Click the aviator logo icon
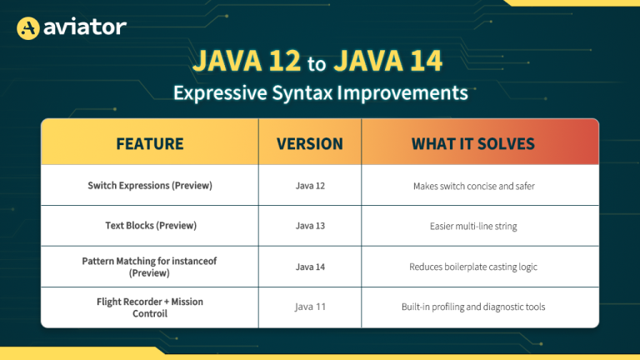coord(29,28)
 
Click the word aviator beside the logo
coord(83,27)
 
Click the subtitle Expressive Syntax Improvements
coord(320,92)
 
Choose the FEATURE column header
coord(150,143)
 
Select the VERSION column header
coord(310,143)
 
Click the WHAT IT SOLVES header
coord(473,143)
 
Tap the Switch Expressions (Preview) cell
coord(150,186)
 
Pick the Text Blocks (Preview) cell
coord(150,226)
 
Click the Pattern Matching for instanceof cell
coord(150,267)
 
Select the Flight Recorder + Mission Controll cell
coord(150,307)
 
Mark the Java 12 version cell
coord(310,186)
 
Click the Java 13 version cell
coord(310,226)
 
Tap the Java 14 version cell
coord(310,267)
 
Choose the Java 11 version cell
coord(310,307)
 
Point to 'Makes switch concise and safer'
coord(473,186)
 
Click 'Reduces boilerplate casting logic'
coord(473,267)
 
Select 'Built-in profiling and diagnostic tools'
coord(473,307)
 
